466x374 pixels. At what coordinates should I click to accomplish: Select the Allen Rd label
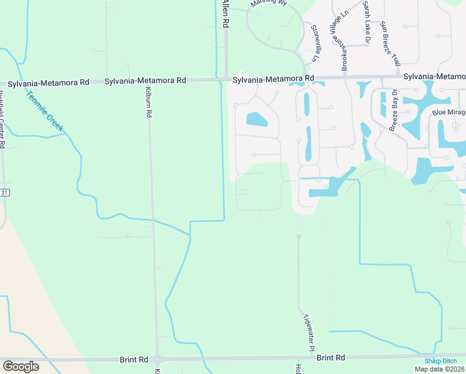(226, 14)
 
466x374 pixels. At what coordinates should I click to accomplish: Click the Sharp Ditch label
(441, 361)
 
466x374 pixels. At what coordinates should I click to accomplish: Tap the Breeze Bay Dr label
(397, 112)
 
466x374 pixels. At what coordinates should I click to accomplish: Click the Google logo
(21, 367)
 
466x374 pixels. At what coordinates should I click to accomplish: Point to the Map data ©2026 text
(439, 369)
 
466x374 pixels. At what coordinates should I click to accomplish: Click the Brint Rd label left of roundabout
(134, 360)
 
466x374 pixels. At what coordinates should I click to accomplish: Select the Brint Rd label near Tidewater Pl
(331, 358)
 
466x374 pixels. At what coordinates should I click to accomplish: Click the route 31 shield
(4, 193)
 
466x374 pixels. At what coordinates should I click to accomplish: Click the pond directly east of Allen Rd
(257, 119)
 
